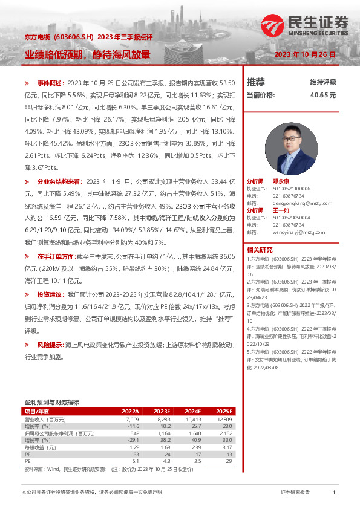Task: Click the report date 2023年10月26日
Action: pos(305,54)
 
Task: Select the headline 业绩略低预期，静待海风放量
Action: pos(88,54)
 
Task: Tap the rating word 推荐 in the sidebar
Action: pos(256,82)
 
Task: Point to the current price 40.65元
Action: pos(322,95)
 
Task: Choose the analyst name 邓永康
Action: pos(281,181)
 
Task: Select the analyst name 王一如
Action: pos(281,210)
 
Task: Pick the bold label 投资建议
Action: pos(51,294)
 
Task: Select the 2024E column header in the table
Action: pos(193,411)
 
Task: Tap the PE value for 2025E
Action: pos(227,455)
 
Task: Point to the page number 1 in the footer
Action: pos(334,493)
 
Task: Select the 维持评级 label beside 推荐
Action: pos(323,82)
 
